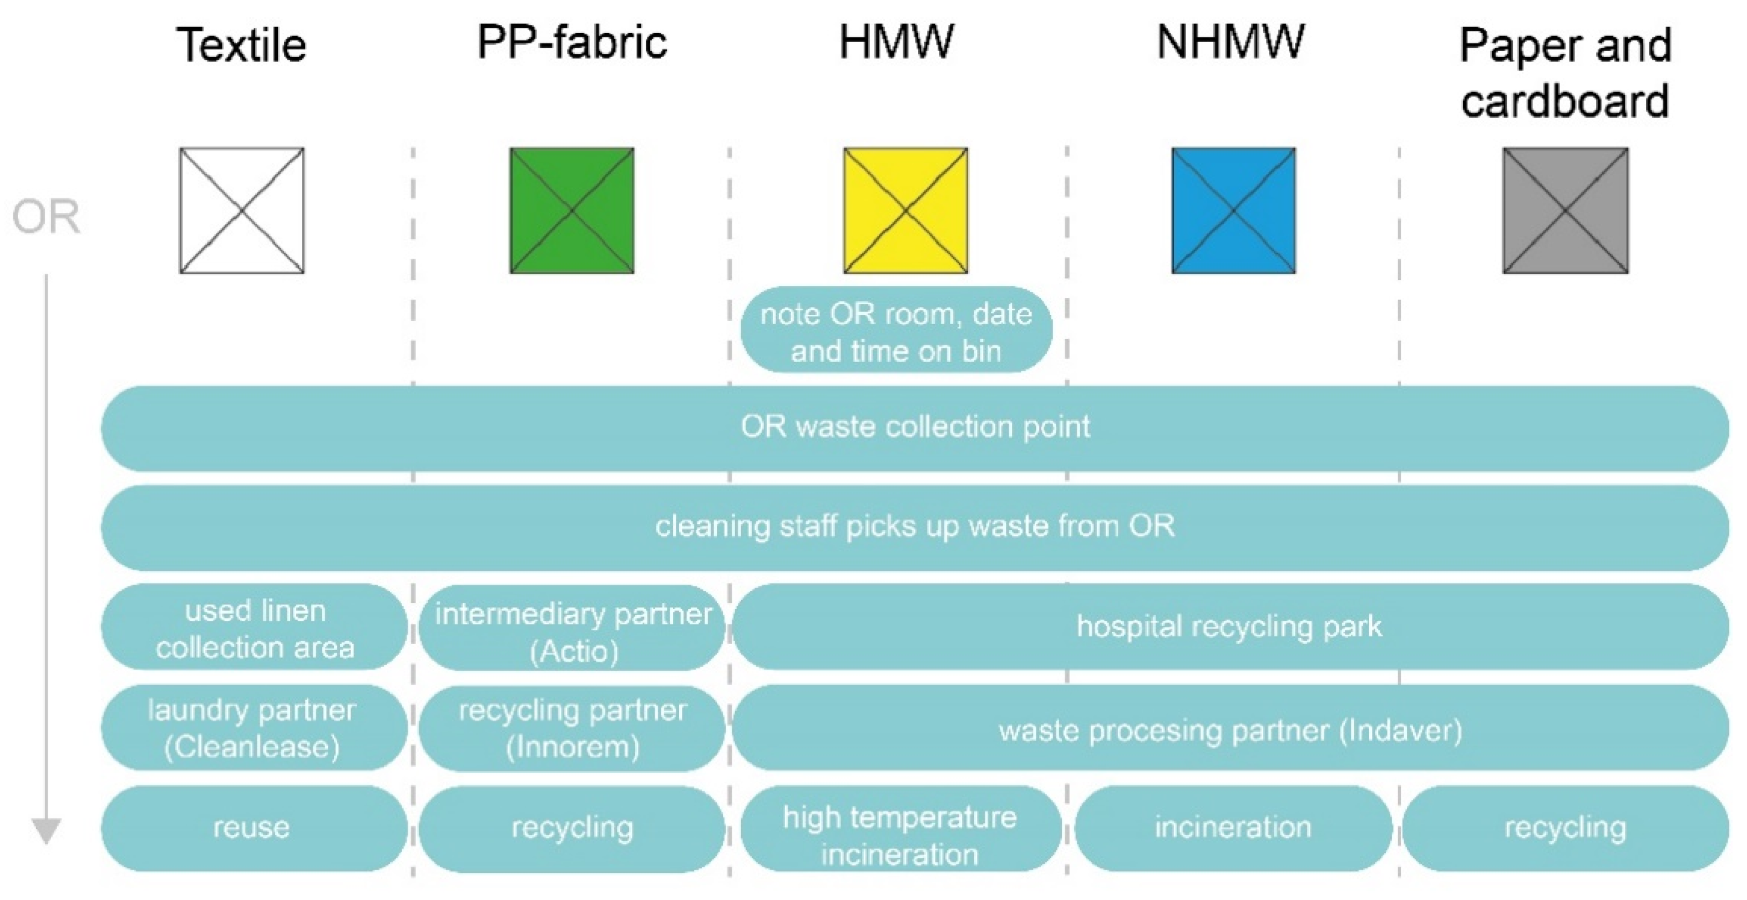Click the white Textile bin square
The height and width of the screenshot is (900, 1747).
pyautogui.click(x=242, y=210)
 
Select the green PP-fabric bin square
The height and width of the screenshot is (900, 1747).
pyautogui.click(x=572, y=210)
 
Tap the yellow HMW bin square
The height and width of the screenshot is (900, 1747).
pyautogui.click(x=905, y=210)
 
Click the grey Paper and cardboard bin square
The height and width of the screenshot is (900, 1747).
pyautogui.click(x=1565, y=210)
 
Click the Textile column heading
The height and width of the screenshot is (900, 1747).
pyautogui.click(x=242, y=46)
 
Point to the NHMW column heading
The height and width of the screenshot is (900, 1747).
pyautogui.click(x=1231, y=42)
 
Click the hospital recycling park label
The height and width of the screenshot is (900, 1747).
pyautogui.click(x=1229, y=626)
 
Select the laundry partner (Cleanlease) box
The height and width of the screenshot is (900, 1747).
pyautogui.click(x=253, y=728)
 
